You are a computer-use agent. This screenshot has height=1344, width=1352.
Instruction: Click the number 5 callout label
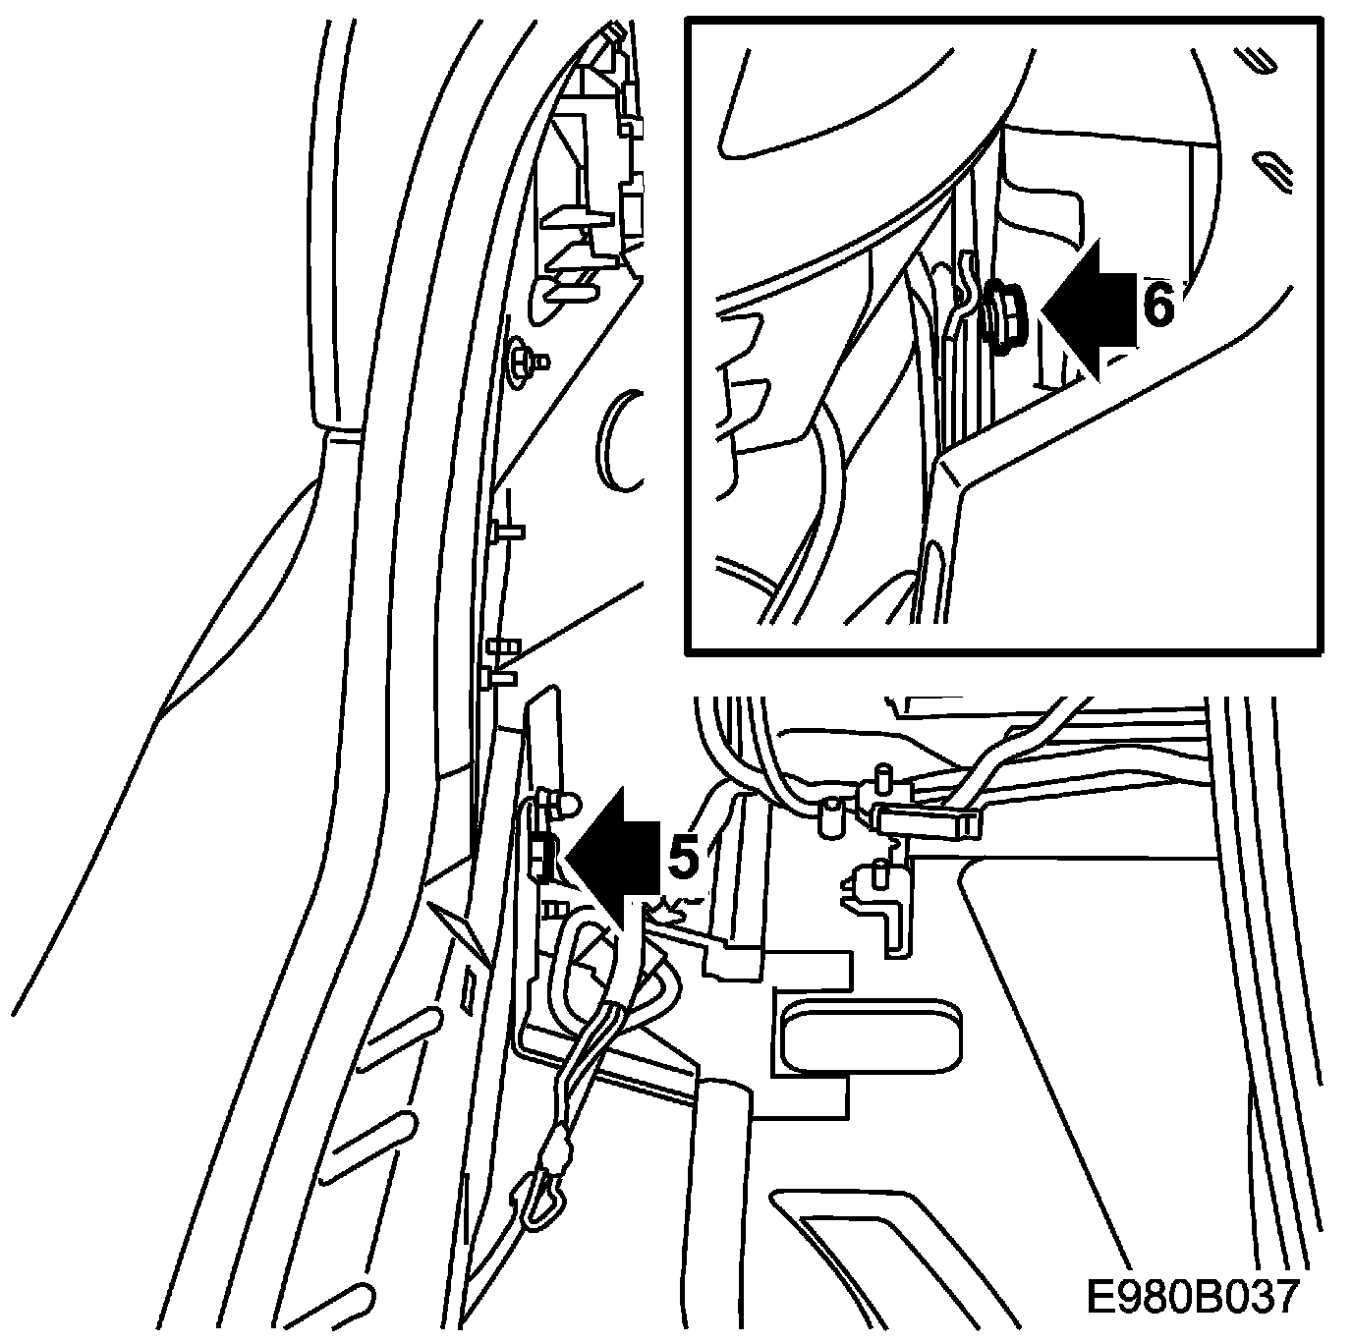(684, 858)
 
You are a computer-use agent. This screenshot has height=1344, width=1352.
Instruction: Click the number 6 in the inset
(1157, 307)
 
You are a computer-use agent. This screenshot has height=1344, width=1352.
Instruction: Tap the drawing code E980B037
(1193, 1296)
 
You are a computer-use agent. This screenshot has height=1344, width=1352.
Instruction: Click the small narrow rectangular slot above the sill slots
(468, 988)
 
